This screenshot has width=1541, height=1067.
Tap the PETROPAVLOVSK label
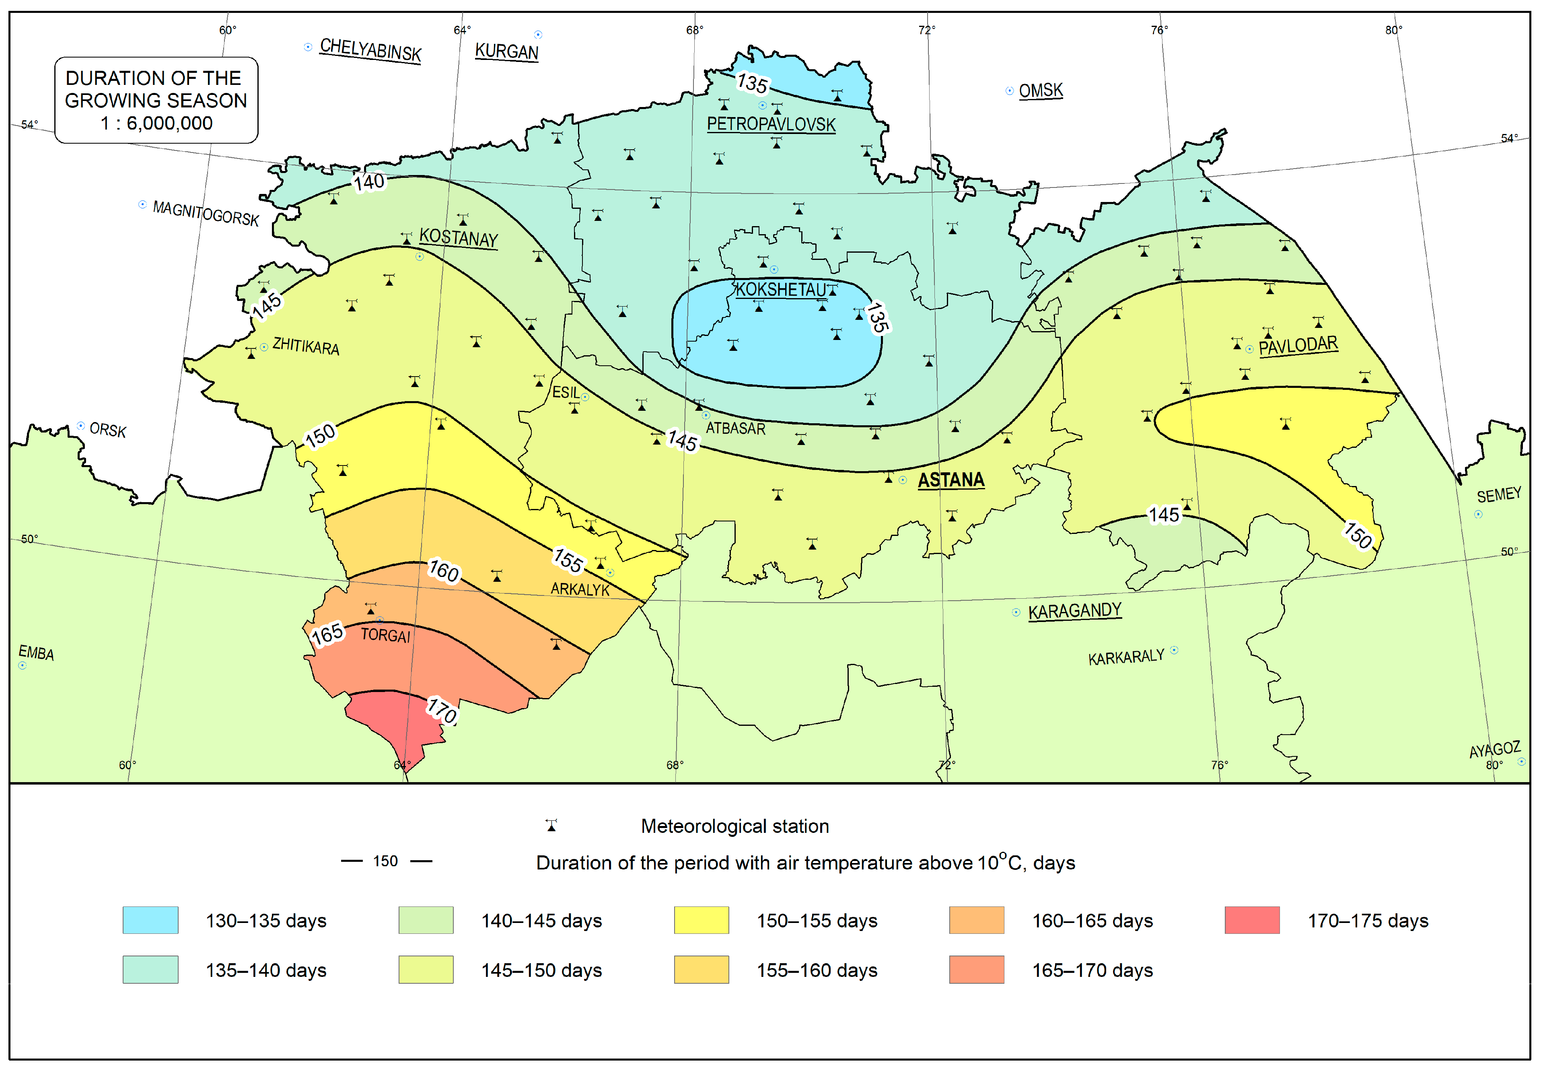tap(771, 124)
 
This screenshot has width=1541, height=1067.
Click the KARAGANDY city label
tap(1074, 611)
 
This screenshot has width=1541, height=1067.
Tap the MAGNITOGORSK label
tap(206, 213)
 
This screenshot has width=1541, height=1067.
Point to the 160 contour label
tap(444, 571)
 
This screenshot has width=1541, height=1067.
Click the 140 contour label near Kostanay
tap(369, 182)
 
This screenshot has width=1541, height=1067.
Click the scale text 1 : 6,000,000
tap(156, 123)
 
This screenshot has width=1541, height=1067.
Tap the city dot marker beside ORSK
tap(81, 426)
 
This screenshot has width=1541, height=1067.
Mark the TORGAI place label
tap(386, 635)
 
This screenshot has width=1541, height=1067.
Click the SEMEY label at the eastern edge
tap(1498, 495)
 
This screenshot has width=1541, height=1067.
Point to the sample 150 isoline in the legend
tap(386, 861)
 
